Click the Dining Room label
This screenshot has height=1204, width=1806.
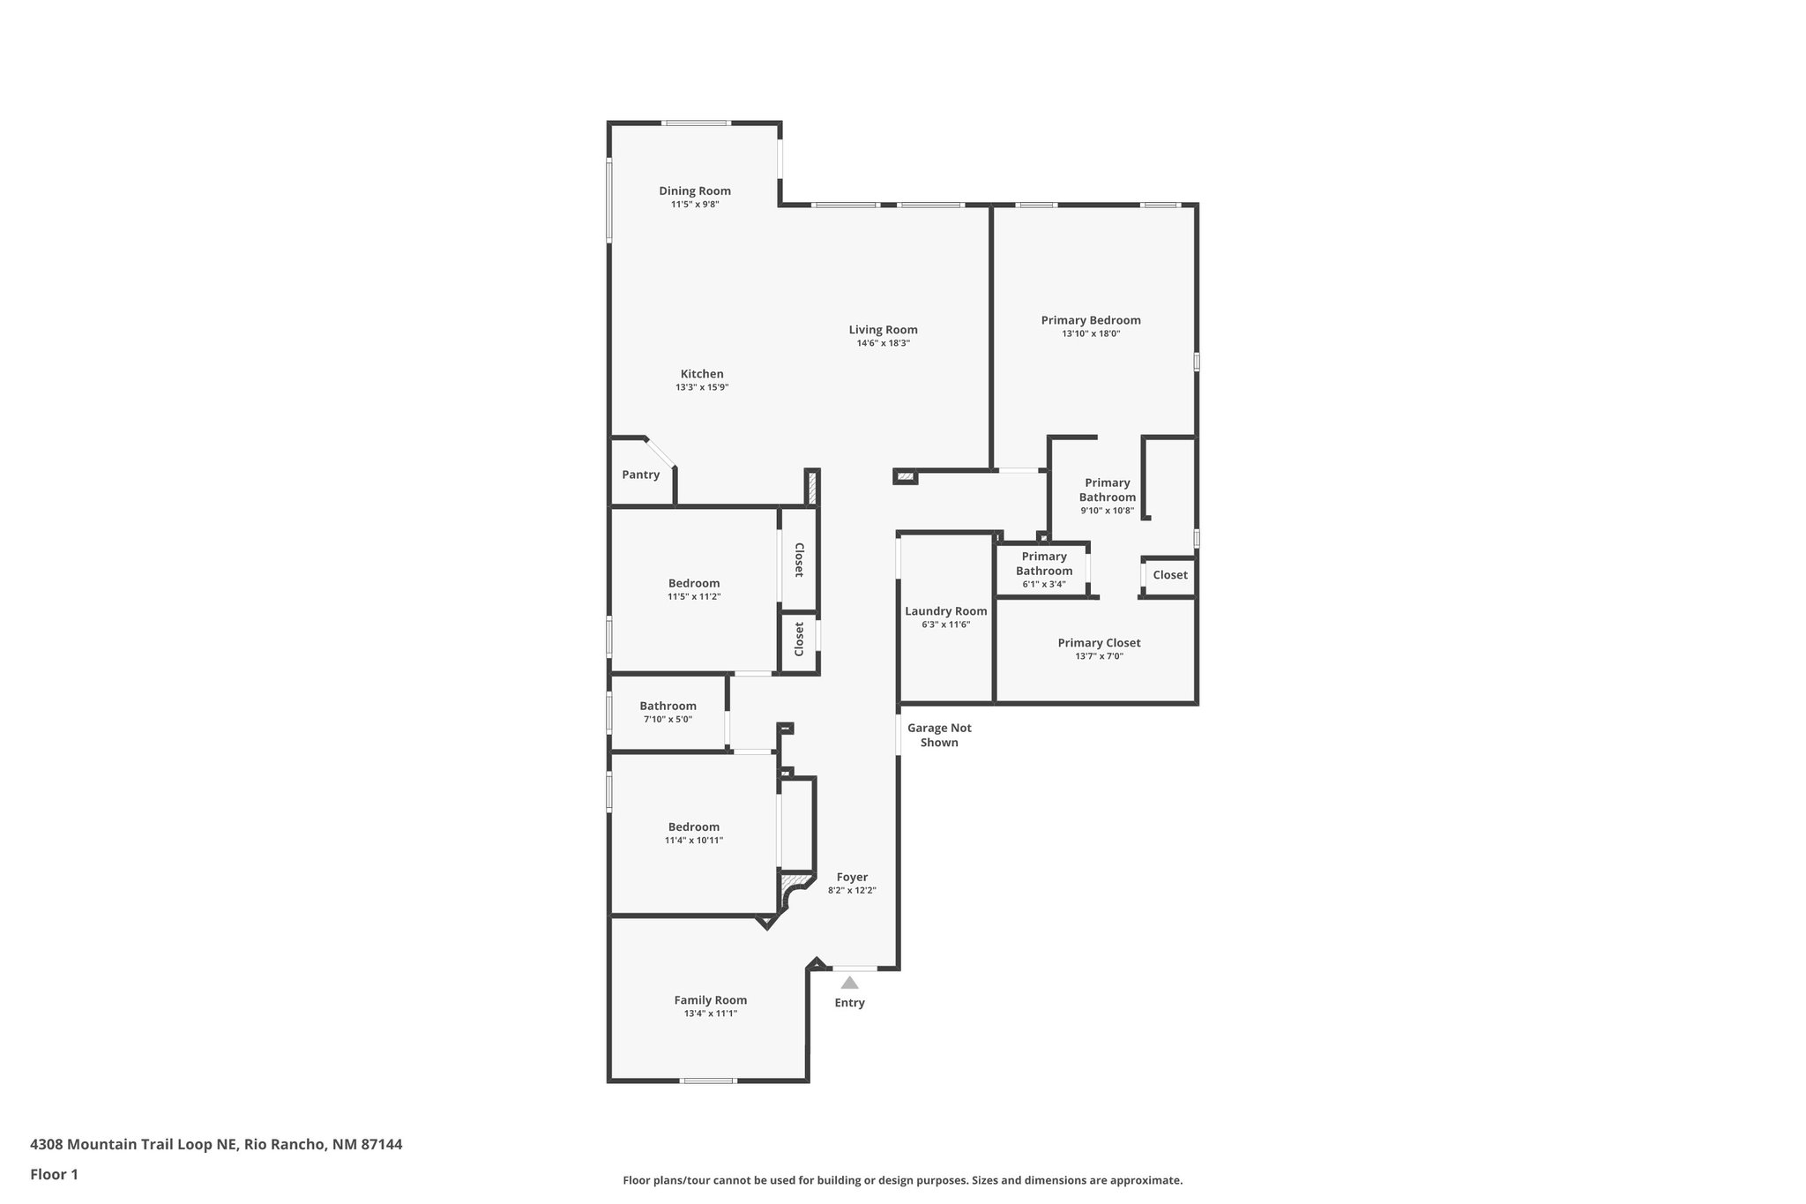click(695, 191)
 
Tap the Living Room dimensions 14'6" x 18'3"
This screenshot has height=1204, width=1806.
click(883, 343)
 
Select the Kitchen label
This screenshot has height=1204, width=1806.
click(702, 374)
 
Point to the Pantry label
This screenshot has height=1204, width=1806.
click(640, 475)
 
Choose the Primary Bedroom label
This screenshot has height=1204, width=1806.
click(1091, 320)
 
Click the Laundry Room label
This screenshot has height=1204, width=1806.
click(945, 611)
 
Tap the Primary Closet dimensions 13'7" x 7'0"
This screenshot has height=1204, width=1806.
click(1099, 656)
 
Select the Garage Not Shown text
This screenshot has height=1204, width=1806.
click(939, 735)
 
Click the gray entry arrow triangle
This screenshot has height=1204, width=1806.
click(849, 983)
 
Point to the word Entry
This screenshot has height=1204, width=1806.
click(849, 1003)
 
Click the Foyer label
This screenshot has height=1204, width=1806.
click(852, 877)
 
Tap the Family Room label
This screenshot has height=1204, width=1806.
click(710, 999)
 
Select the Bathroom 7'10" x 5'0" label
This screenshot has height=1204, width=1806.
click(668, 706)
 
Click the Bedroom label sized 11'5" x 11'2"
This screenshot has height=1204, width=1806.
click(693, 583)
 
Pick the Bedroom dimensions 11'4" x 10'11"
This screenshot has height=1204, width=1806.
click(693, 841)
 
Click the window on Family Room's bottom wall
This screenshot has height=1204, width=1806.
click(708, 1081)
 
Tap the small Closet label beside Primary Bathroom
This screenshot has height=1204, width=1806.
click(1170, 575)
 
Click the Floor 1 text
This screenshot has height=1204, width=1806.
click(54, 1174)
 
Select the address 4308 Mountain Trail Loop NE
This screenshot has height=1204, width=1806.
click(133, 1144)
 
